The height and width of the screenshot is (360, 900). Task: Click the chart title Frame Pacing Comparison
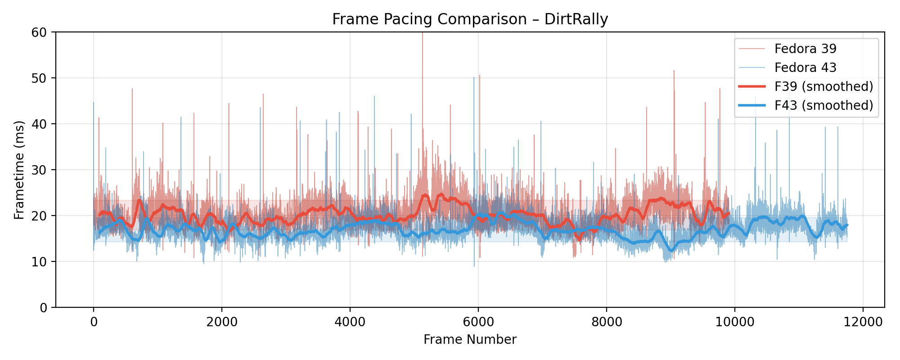click(429, 19)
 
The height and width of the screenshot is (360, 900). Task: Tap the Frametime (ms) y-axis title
click(19, 170)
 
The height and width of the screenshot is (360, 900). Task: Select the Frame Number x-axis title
click(470, 339)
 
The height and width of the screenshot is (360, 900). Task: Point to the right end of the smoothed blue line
click(847, 225)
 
